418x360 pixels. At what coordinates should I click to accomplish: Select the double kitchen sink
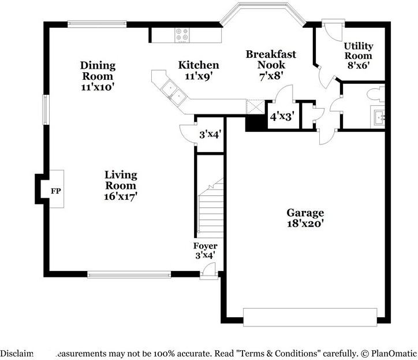pos(173,91)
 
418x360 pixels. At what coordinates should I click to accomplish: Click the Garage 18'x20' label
pos(305,218)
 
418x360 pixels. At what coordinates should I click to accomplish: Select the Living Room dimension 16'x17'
pos(121,196)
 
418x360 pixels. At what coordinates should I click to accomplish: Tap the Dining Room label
pos(98,70)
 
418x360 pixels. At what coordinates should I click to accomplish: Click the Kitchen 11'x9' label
pos(198,70)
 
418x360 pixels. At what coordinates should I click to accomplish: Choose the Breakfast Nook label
pos(271,59)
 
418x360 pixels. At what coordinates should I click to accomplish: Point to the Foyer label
pos(205,246)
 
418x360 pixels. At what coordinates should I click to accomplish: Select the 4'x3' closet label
pos(282,116)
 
